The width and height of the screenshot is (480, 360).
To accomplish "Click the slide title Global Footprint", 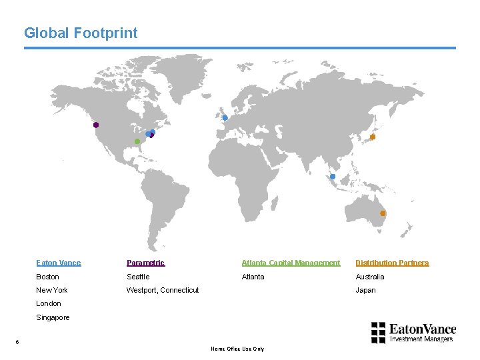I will (x=81, y=33).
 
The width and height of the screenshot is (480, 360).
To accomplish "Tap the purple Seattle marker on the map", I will (x=96, y=125).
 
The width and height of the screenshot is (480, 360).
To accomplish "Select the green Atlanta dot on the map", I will (x=137, y=141).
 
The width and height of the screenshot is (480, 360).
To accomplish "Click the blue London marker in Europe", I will (x=225, y=118).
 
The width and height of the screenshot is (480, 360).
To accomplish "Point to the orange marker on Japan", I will (x=373, y=137).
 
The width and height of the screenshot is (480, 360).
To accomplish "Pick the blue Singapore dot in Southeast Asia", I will (x=333, y=177).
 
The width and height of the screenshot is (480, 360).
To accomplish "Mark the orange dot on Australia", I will (x=383, y=213).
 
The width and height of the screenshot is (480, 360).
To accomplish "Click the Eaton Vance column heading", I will (x=59, y=263).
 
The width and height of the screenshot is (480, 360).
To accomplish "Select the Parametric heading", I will (x=145, y=263).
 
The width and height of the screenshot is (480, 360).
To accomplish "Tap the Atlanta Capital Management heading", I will (x=291, y=263).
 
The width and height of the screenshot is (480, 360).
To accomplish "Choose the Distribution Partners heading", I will (x=392, y=263).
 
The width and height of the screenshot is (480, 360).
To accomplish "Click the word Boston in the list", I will (x=47, y=277).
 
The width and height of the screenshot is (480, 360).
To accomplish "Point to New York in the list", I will (x=52, y=290).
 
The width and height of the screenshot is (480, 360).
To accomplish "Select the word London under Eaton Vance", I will (x=49, y=303).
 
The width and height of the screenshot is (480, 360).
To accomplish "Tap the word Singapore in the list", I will (x=53, y=317).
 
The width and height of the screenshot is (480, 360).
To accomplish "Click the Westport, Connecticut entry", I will (x=163, y=290).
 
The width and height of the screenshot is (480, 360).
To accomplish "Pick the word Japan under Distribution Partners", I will (x=365, y=290).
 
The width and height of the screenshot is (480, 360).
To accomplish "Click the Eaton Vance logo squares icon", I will (x=378, y=331).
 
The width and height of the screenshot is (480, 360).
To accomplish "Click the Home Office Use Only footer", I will (x=237, y=349).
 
